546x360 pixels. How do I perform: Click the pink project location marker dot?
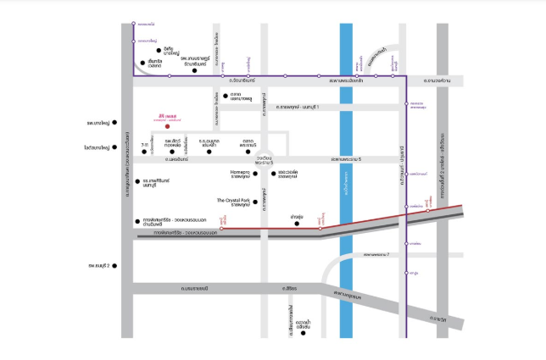[x=167, y=127]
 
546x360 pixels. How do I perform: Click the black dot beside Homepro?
[x=255, y=174]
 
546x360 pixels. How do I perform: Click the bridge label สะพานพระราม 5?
[x=347, y=158]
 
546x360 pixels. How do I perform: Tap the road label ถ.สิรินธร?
[x=291, y=289]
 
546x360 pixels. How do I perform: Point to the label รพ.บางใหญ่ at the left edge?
[x=98, y=123]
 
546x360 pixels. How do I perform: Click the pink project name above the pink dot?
[x=167, y=116]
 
